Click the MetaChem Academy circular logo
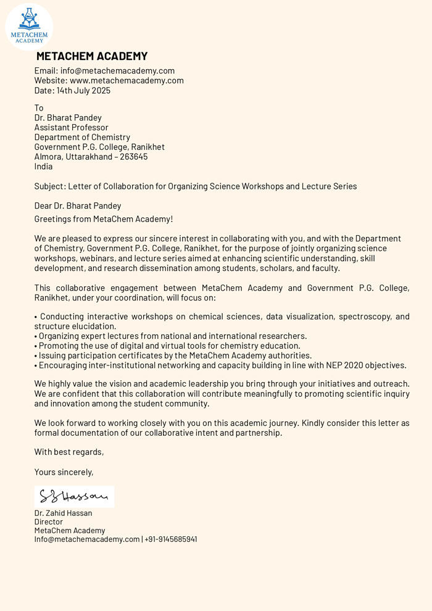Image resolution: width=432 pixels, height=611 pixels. (29, 27)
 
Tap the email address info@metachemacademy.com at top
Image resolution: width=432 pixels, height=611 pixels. (117, 71)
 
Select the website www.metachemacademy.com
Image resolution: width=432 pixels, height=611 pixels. (127, 81)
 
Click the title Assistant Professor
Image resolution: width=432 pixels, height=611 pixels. (71, 128)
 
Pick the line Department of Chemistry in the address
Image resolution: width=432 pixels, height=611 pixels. (82, 138)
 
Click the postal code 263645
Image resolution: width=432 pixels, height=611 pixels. (134, 157)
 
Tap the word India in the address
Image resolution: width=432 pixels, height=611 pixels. (43, 167)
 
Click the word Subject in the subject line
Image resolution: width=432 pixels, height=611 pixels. (49, 186)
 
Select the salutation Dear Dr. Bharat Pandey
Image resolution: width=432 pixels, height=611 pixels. (78, 206)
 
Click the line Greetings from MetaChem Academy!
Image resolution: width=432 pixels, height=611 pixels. (104, 219)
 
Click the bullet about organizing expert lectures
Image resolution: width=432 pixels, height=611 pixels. (170, 336)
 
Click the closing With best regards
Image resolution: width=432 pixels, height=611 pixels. (69, 452)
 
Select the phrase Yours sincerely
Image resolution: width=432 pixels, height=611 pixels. (64, 472)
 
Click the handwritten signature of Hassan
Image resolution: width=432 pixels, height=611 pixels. (73, 496)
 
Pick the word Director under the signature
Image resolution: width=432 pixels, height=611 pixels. (49, 522)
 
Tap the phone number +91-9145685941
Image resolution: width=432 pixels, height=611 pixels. (171, 539)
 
